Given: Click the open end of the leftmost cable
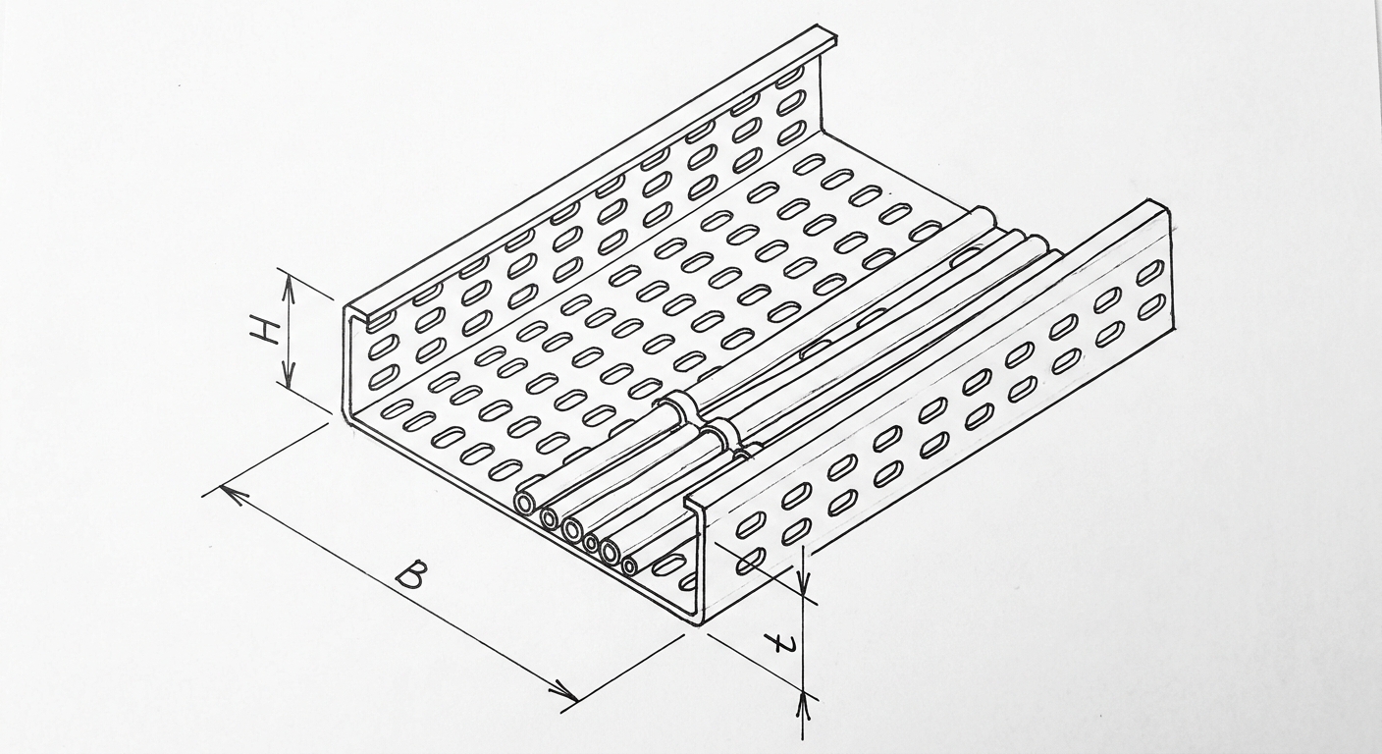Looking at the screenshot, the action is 526,504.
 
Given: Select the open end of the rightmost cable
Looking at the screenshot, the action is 630,565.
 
